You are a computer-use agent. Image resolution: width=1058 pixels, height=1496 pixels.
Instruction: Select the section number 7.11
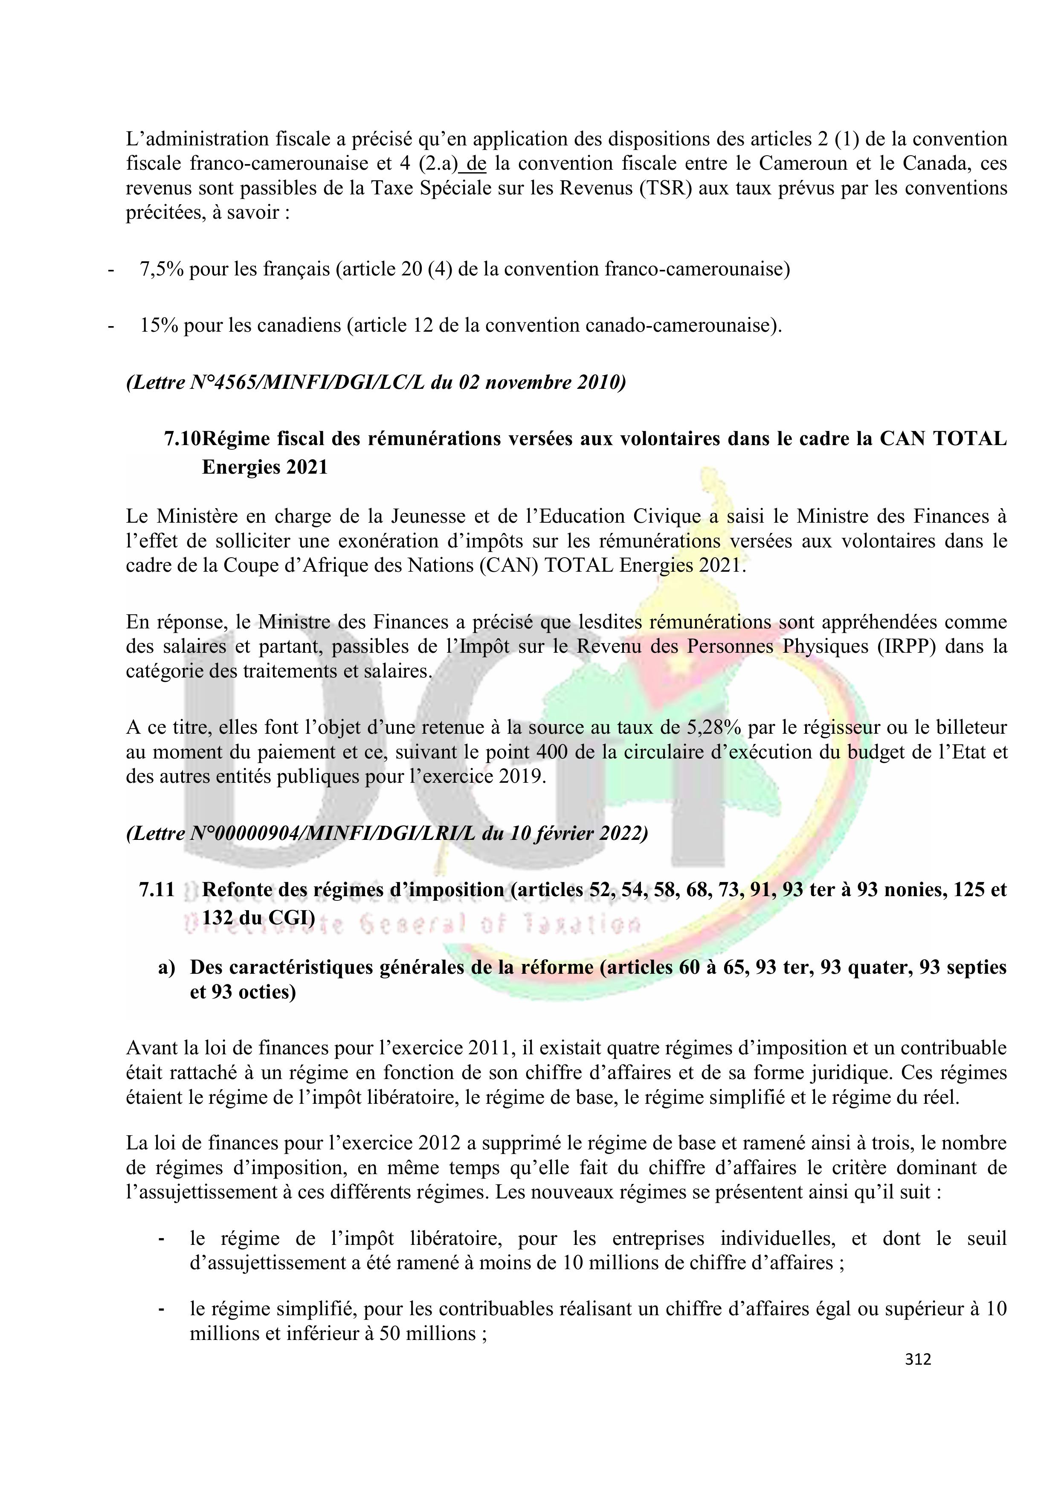coord(157,889)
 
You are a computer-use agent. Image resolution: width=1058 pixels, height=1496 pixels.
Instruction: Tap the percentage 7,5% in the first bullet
coord(162,269)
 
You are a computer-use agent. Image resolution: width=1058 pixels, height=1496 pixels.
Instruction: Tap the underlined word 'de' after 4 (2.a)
coord(476,164)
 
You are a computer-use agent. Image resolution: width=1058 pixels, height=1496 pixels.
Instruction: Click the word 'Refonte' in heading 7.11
coord(241,889)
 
